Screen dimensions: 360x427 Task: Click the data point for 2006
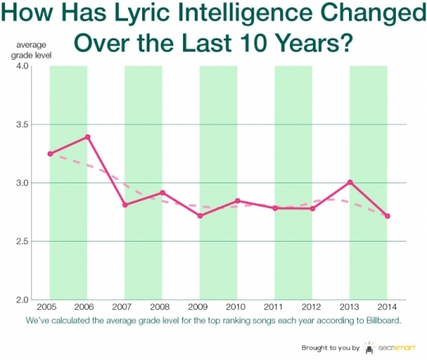click(87, 137)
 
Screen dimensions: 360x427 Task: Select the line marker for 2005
click(50, 154)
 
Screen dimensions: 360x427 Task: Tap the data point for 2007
click(125, 205)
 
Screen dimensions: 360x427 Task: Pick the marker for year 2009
click(200, 215)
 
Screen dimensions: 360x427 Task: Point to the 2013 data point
click(350, 182)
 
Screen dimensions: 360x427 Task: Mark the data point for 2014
click(387, 216)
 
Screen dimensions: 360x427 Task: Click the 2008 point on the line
click(163, 192)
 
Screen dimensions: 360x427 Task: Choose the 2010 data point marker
click(237, 201)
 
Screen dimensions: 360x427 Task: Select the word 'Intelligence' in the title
click(228, 15)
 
